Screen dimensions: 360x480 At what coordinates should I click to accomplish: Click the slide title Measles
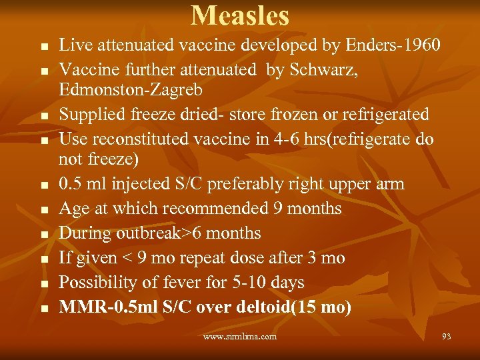point(240,15)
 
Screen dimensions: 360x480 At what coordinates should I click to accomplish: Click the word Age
point(73,209)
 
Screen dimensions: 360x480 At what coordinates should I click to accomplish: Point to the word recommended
point(218,209)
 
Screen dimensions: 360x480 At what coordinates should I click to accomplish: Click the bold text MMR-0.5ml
point(100,307)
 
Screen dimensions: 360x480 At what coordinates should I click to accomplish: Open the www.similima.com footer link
point(240,337)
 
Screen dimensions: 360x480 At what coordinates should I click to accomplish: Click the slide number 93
point(446,337)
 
